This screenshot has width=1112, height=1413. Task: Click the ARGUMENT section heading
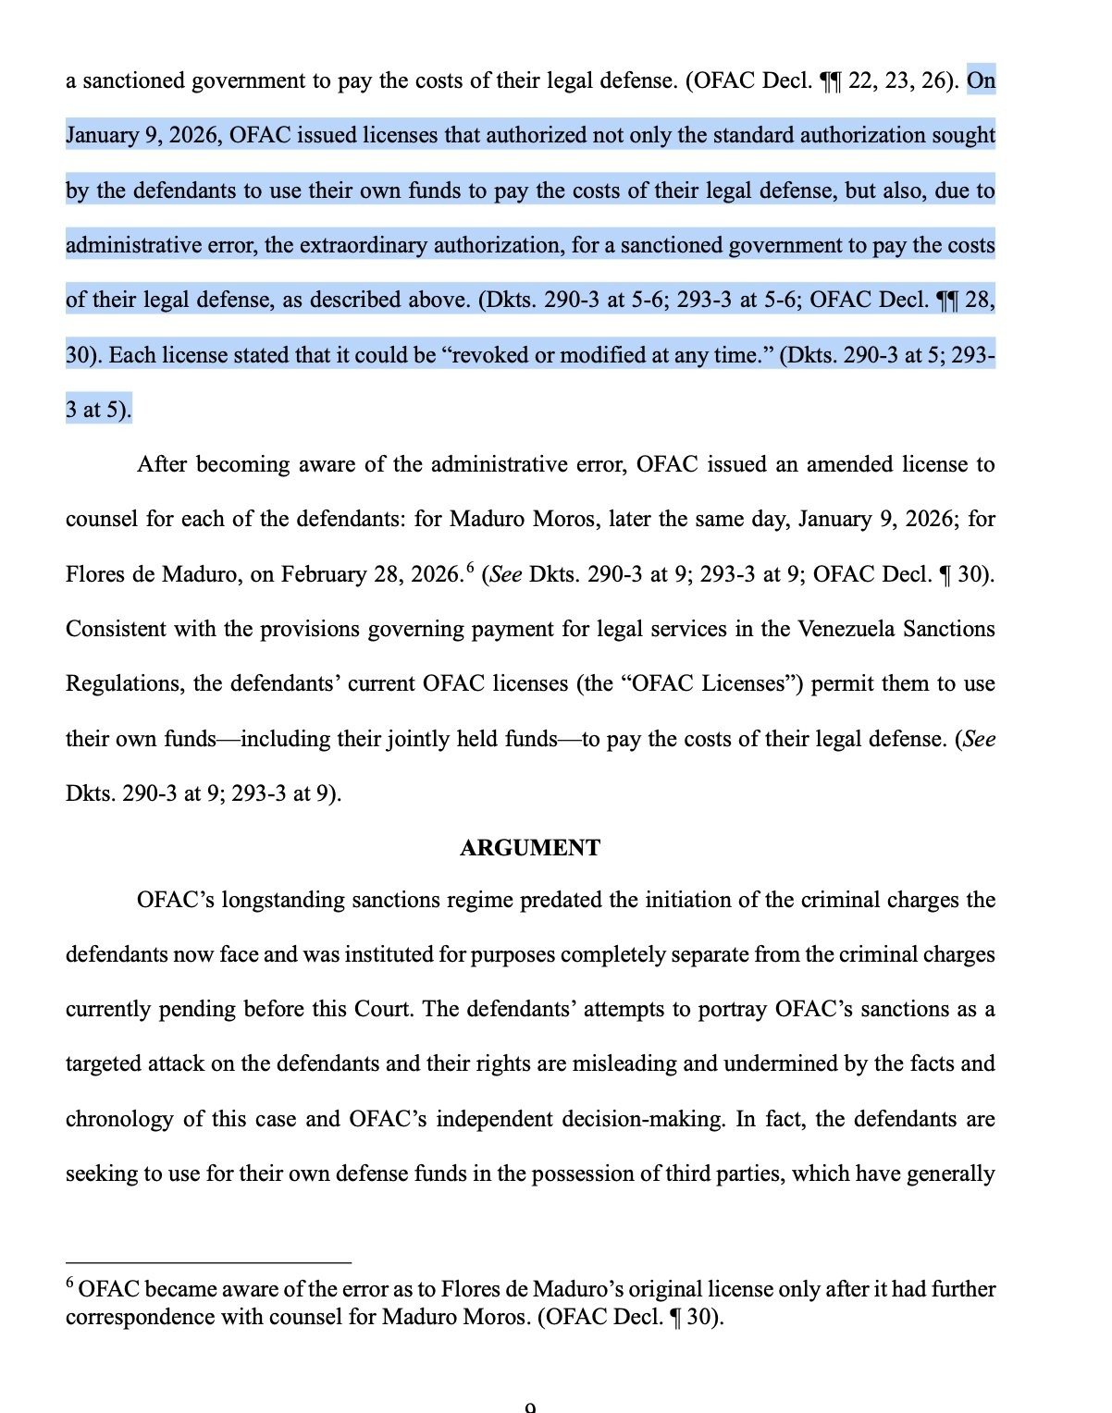[529, 848]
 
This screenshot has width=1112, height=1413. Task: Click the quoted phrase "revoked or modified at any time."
[607, 355]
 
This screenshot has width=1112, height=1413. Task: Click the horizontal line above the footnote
[208, 1261]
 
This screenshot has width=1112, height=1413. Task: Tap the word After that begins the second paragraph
[164, 464]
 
